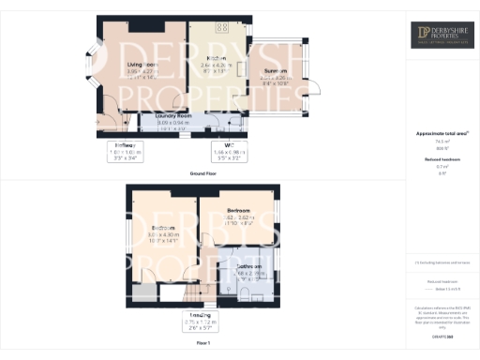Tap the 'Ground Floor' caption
point(202,172)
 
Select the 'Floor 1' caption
point(202,344)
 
